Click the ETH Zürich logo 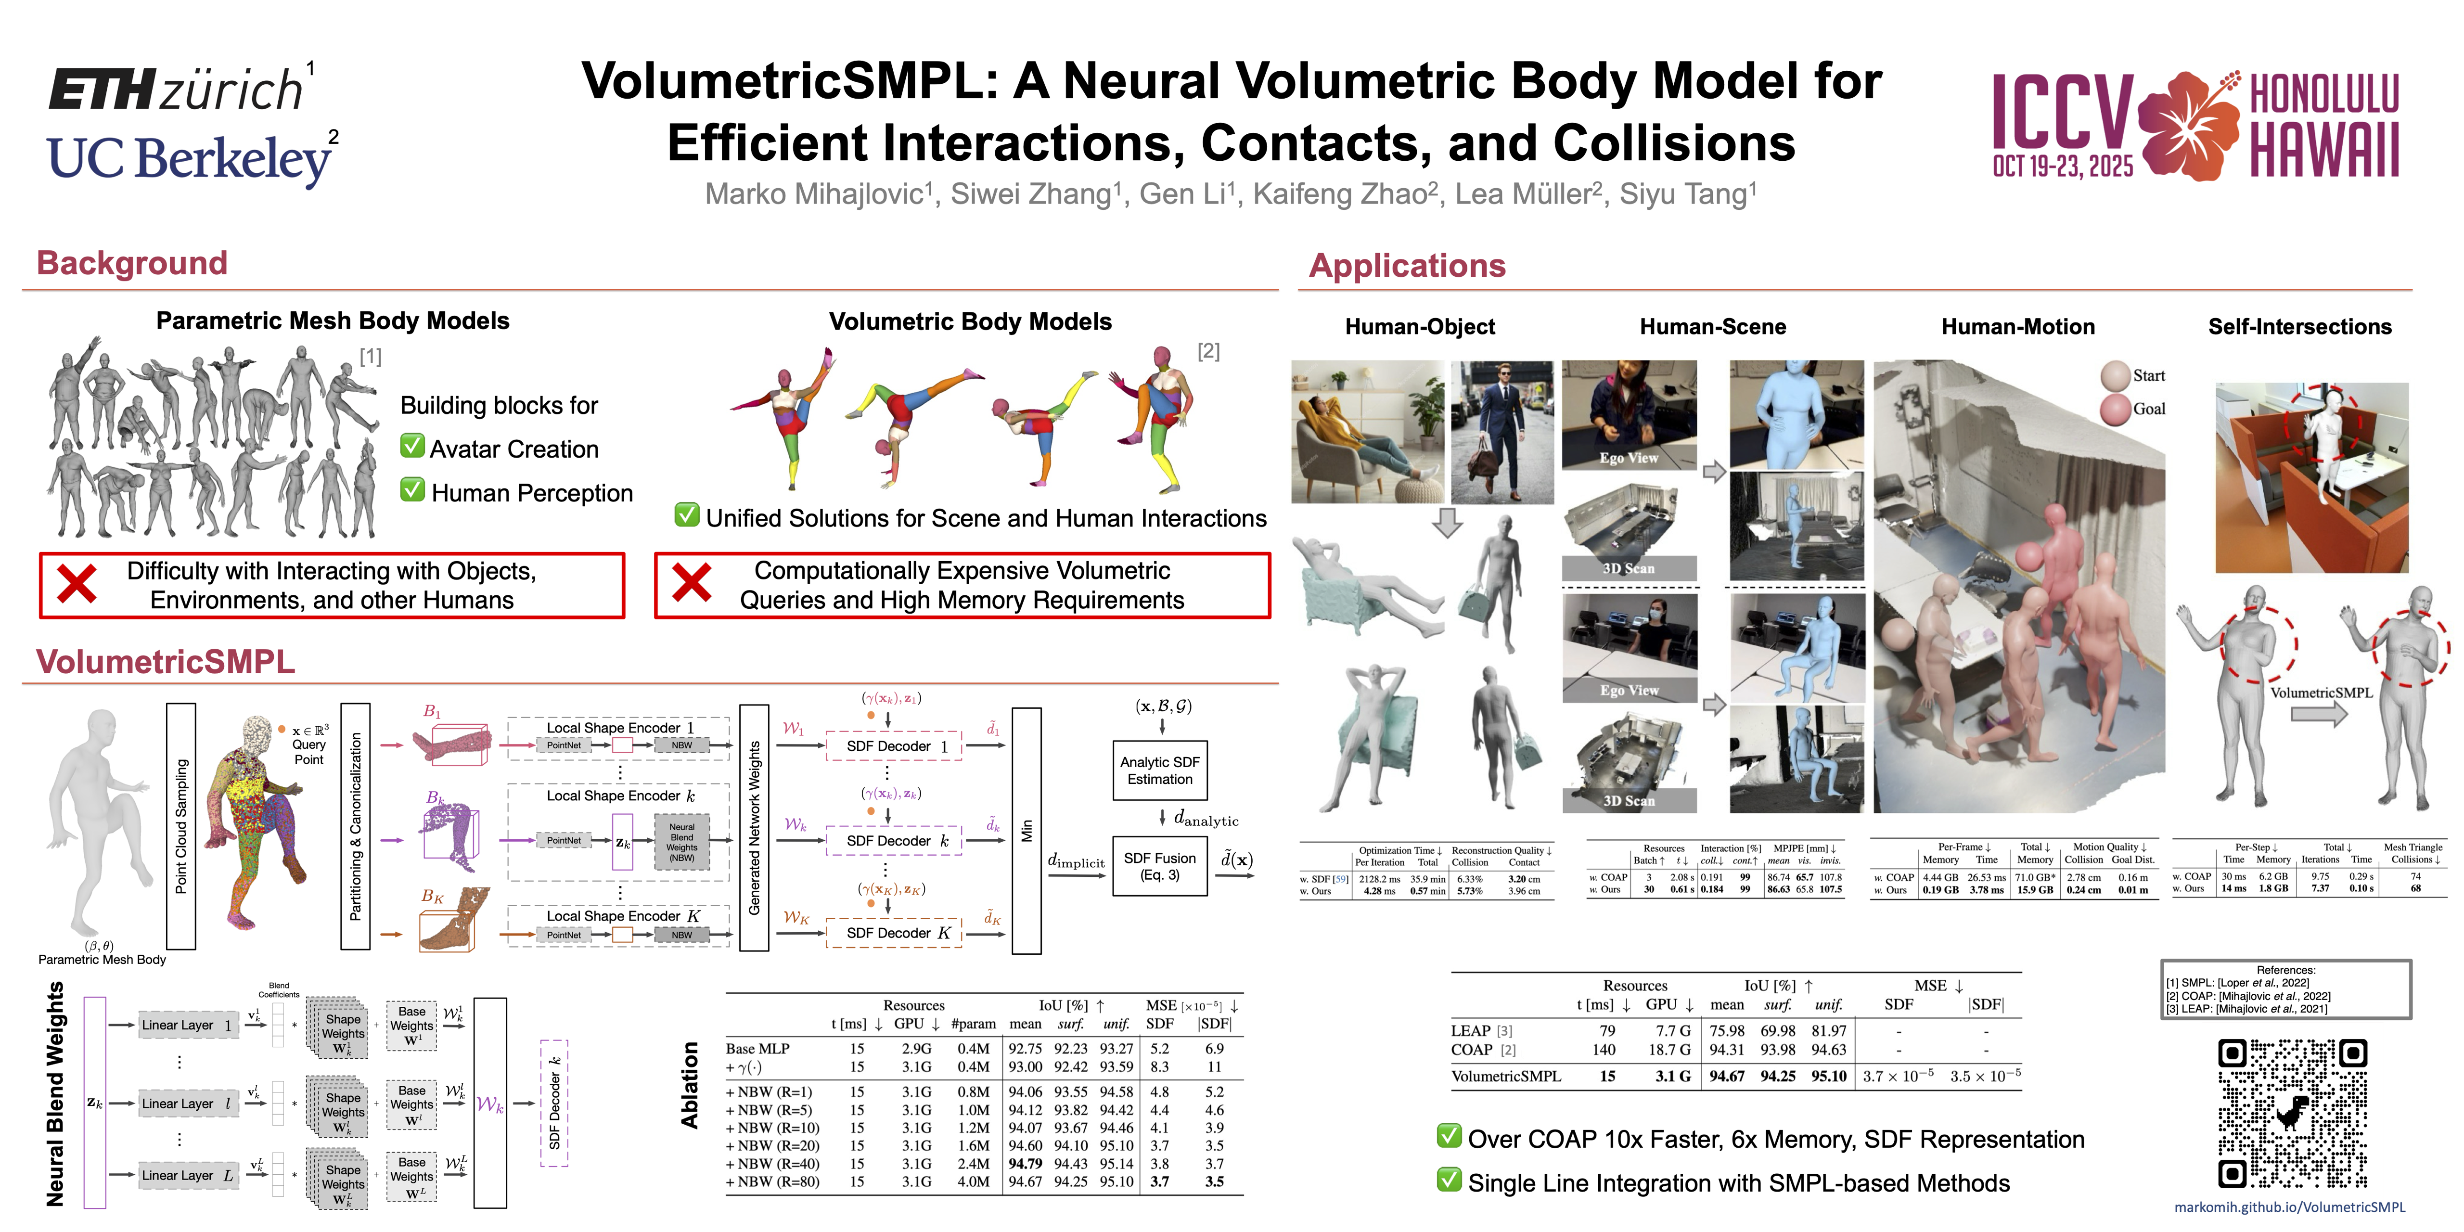(x=177, y=89)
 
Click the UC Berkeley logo (x=190, y=158)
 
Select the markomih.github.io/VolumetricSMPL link (x=2289, y=1207)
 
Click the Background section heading (x=132, y=263)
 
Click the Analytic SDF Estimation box (x=1159, y=770)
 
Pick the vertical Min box (x=1027, y=830)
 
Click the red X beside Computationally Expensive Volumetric (x=692, y=582)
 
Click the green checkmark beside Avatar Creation (x=412, y=447)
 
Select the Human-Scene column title (x=1712, y=327)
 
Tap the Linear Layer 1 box (x=188, y=1025)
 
